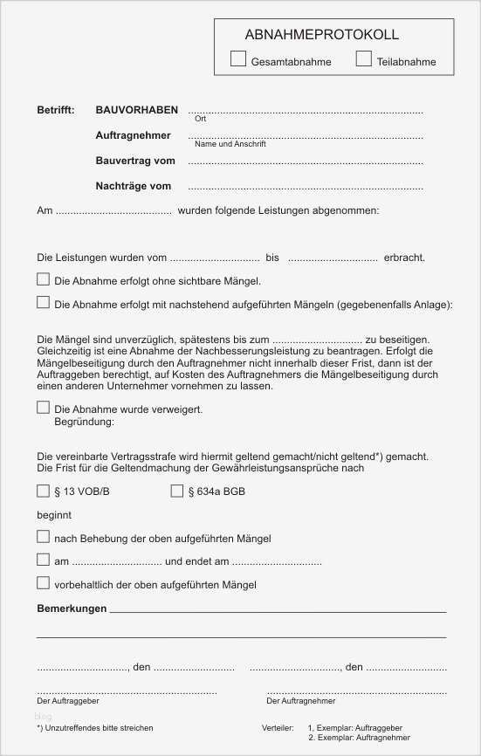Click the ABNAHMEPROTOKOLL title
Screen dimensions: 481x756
[x=322, y=35]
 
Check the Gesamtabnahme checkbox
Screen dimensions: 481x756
[x=238, y=59]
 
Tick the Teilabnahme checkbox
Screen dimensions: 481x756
[x=364, y=59]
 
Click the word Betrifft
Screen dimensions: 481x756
[x=55, y=111]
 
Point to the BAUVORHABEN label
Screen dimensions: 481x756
[x=137, y=111]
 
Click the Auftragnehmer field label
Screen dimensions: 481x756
[x=134, y=135]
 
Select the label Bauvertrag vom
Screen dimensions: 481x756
[x=135, y=161]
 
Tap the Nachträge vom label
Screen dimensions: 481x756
[x=134, y=186]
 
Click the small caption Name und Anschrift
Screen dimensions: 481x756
[x=230, y=144]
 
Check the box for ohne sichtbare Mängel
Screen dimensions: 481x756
[x=43, y=280]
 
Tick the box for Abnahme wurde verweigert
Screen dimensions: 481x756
[x=43, y=407]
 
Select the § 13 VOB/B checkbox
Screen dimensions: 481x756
[x=43, y=491]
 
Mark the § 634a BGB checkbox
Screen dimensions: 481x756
[x=177, y=491]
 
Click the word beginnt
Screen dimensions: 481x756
[x=54, y=515]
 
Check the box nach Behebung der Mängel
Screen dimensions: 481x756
[x=43, y=537]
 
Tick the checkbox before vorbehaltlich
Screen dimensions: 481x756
[x=43, y=582]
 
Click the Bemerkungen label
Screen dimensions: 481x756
[x=72, y=608]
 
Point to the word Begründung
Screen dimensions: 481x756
[x=84, y=422]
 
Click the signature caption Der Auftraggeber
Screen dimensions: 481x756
[x=67, y=701]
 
